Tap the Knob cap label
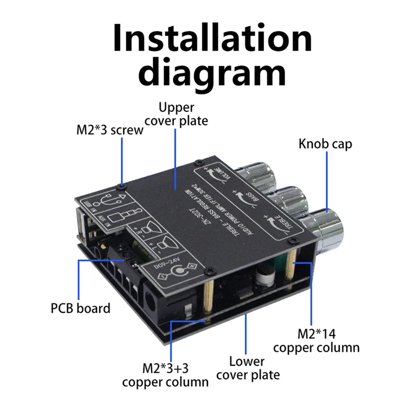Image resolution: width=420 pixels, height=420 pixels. point(325,144)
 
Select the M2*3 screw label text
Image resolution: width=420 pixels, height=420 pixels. point(109,130)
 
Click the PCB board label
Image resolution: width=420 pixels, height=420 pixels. point(80,308)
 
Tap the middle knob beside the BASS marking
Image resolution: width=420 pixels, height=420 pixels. point(289,199)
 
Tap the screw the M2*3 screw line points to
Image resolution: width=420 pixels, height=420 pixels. point(122,185)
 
